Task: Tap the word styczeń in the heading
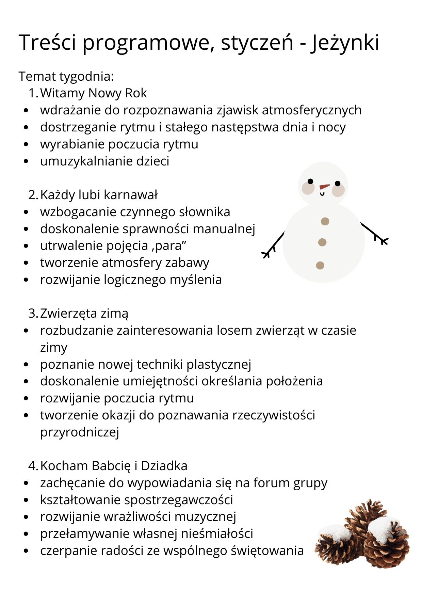(257, 43)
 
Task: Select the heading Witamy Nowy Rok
(94, 93)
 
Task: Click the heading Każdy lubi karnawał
(99, 195)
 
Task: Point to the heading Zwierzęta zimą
(84, 313)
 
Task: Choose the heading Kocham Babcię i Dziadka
(114, 466)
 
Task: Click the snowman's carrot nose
(325, 187)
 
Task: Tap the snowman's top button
(325, 221)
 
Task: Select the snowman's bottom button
(320, 265)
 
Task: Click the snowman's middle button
(322, 242)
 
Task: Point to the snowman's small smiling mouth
(322, 194)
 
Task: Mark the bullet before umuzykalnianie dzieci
(27, 161)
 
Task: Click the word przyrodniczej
(80, 432)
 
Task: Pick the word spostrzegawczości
(179, 500)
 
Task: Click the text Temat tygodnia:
(66, 76)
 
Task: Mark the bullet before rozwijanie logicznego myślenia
(27, 280)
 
